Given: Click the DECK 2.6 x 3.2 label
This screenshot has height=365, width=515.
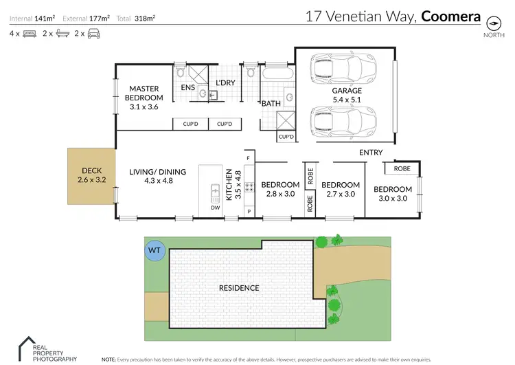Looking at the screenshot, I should pyautogui.click(x=91, y=175).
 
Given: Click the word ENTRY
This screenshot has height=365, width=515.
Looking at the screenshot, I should pyautogui.click(x=371, y=152).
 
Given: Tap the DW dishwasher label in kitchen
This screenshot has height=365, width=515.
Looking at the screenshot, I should pyautogui.click(x=216, y=207).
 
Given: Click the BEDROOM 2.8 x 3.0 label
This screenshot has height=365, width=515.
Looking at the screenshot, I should pyautogui.click(x=279, y=189).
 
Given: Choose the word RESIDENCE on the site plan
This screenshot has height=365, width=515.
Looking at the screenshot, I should pyautogui.click(x=238, y=288).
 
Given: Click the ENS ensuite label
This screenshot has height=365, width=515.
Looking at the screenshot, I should pyautogui.click(x=187, y=88).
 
